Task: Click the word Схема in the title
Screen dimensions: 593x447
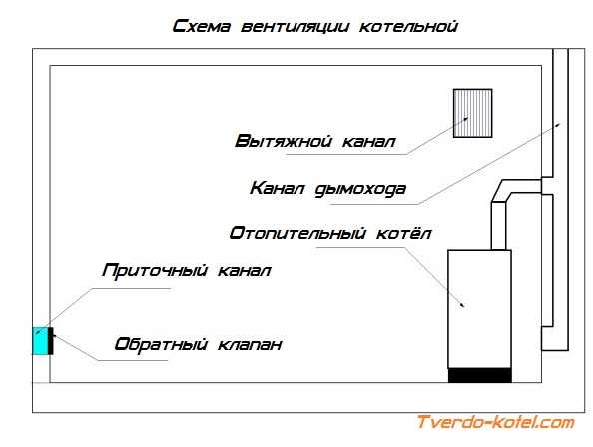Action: point(202,27)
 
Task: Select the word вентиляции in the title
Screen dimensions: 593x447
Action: point(295,27)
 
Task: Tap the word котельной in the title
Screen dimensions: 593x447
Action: point(408,27)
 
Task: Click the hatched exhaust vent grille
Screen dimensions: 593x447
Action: point(473,113)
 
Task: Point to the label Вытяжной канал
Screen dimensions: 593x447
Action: point(315,141)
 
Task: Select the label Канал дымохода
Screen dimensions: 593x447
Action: point(327,189)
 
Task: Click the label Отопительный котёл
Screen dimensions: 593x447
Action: point(330,233)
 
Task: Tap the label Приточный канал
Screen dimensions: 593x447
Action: point(187,271)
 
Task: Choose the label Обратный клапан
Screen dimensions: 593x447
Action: point(199,344)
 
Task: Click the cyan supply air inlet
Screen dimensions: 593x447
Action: point(40,341)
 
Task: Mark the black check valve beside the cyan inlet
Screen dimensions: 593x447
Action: point(51,341)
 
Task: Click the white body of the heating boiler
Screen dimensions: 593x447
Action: point(479,309)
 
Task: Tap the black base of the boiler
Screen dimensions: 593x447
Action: point(480,375)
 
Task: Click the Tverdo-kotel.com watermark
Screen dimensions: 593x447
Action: point(495,422)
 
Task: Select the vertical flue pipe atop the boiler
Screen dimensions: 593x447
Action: point(498,225)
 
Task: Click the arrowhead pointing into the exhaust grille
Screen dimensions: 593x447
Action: point(466,119)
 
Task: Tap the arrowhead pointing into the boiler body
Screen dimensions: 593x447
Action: point(462,305)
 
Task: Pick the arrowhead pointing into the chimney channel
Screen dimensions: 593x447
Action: point(558,124)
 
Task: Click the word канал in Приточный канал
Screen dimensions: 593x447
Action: point(245,271)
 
